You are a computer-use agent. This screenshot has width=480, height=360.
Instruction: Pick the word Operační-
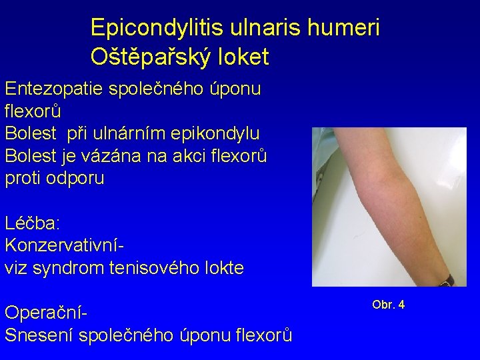(47, 312)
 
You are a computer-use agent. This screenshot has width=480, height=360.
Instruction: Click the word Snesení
(39, 334)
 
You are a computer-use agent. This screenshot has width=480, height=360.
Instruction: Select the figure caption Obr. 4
(388, 305)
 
